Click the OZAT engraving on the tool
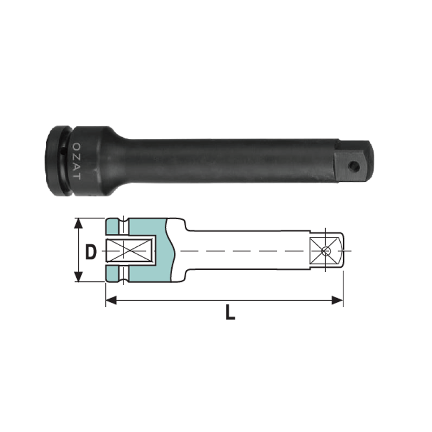pos(77,161)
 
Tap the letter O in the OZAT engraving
pos(77,146)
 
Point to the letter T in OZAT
pos(77,177)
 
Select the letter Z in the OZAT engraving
pos(77,156)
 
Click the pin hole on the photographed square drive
pos(353,166)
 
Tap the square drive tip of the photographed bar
pos(355,161)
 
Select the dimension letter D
pos(91,252)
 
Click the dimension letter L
pos(231,312)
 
